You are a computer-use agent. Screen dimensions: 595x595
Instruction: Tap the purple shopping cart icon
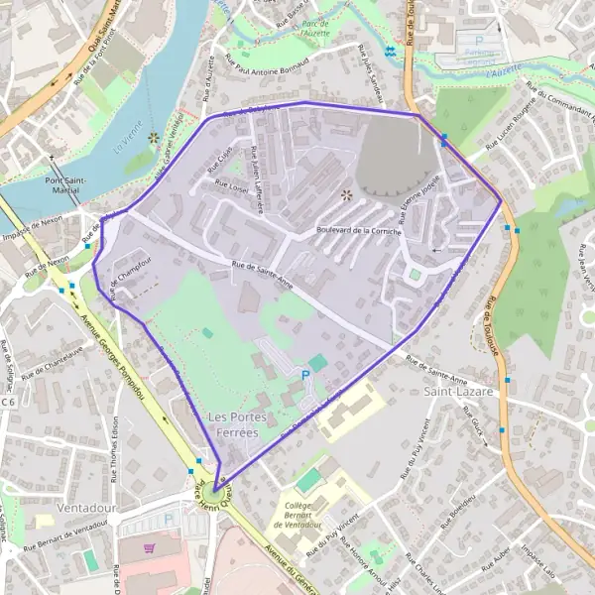pyautogui.click(x=150, y=547)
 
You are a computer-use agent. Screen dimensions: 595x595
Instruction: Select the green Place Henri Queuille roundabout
pyautogui.click(x=215, y=487)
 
